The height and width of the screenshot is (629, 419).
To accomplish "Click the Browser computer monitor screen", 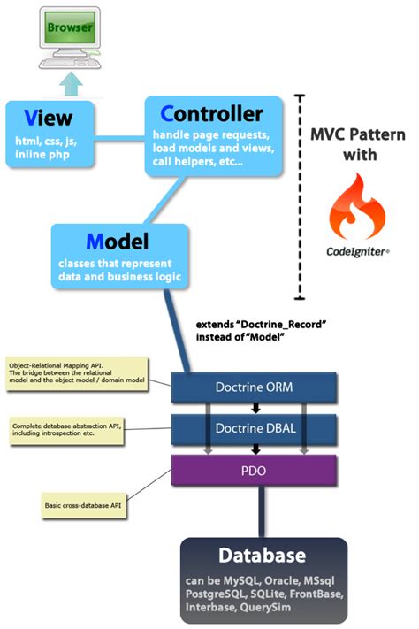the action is click(70, 27).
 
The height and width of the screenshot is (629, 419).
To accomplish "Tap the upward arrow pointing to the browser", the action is click(71, 83).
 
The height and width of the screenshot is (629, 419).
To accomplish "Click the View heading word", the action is click(48, 118).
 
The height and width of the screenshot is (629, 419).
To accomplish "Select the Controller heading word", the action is click(211, 114).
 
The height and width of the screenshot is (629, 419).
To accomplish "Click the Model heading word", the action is click(117, 242).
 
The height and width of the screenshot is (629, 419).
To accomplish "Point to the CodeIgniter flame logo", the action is click(356, 206).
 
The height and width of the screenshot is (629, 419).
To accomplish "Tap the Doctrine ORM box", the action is click(254, 387).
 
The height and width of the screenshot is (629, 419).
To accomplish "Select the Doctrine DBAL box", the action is click(254, 428).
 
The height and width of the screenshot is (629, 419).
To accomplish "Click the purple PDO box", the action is click(254, 470).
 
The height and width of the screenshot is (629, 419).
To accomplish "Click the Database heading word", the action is click(263, 556).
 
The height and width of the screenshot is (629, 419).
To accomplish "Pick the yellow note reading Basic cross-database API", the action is click(83, 505).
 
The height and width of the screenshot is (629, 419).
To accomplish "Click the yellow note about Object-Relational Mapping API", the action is click(77, 373).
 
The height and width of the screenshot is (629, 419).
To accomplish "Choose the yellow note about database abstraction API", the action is click(66, 430).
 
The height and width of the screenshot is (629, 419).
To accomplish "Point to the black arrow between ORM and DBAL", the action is click(255, 408).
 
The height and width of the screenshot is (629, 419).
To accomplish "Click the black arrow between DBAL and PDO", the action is click(255, 449).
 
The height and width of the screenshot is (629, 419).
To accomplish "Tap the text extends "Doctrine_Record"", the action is click(261, 324).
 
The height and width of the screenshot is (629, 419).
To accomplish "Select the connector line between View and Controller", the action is click(119, 138).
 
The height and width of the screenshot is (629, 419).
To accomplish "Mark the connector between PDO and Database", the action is click(262, 511).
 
